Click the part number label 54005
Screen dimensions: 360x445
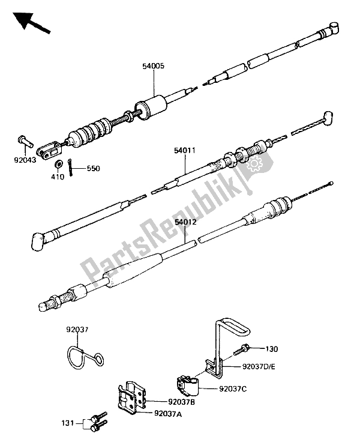click(x=154, y=66)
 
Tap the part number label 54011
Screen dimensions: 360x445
click(x=185, y=150)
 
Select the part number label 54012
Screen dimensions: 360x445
click(x=185, y=222)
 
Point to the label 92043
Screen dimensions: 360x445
click(x=25, y=160)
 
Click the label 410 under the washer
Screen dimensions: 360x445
click(x=58, y=177)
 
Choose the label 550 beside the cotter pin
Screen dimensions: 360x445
click(x=93, y=169)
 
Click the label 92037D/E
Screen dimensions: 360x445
click(x=259, y=367)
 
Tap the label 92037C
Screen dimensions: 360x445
click(x=233, y=389)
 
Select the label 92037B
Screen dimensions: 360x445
click(x=181, y=402)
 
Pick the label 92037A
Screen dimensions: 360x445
click(x=168, y=414)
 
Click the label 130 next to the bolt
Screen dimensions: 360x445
click(x=272, y=349)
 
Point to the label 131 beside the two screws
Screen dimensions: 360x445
click(x=68, y=423)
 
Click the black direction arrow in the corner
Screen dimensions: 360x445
click(x=31, y=23)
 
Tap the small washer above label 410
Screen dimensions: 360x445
click(x=59, y=164)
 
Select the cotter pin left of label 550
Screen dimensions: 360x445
click(x=70, y=168)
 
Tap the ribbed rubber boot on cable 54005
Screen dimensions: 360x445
click(x=90, y=132)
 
